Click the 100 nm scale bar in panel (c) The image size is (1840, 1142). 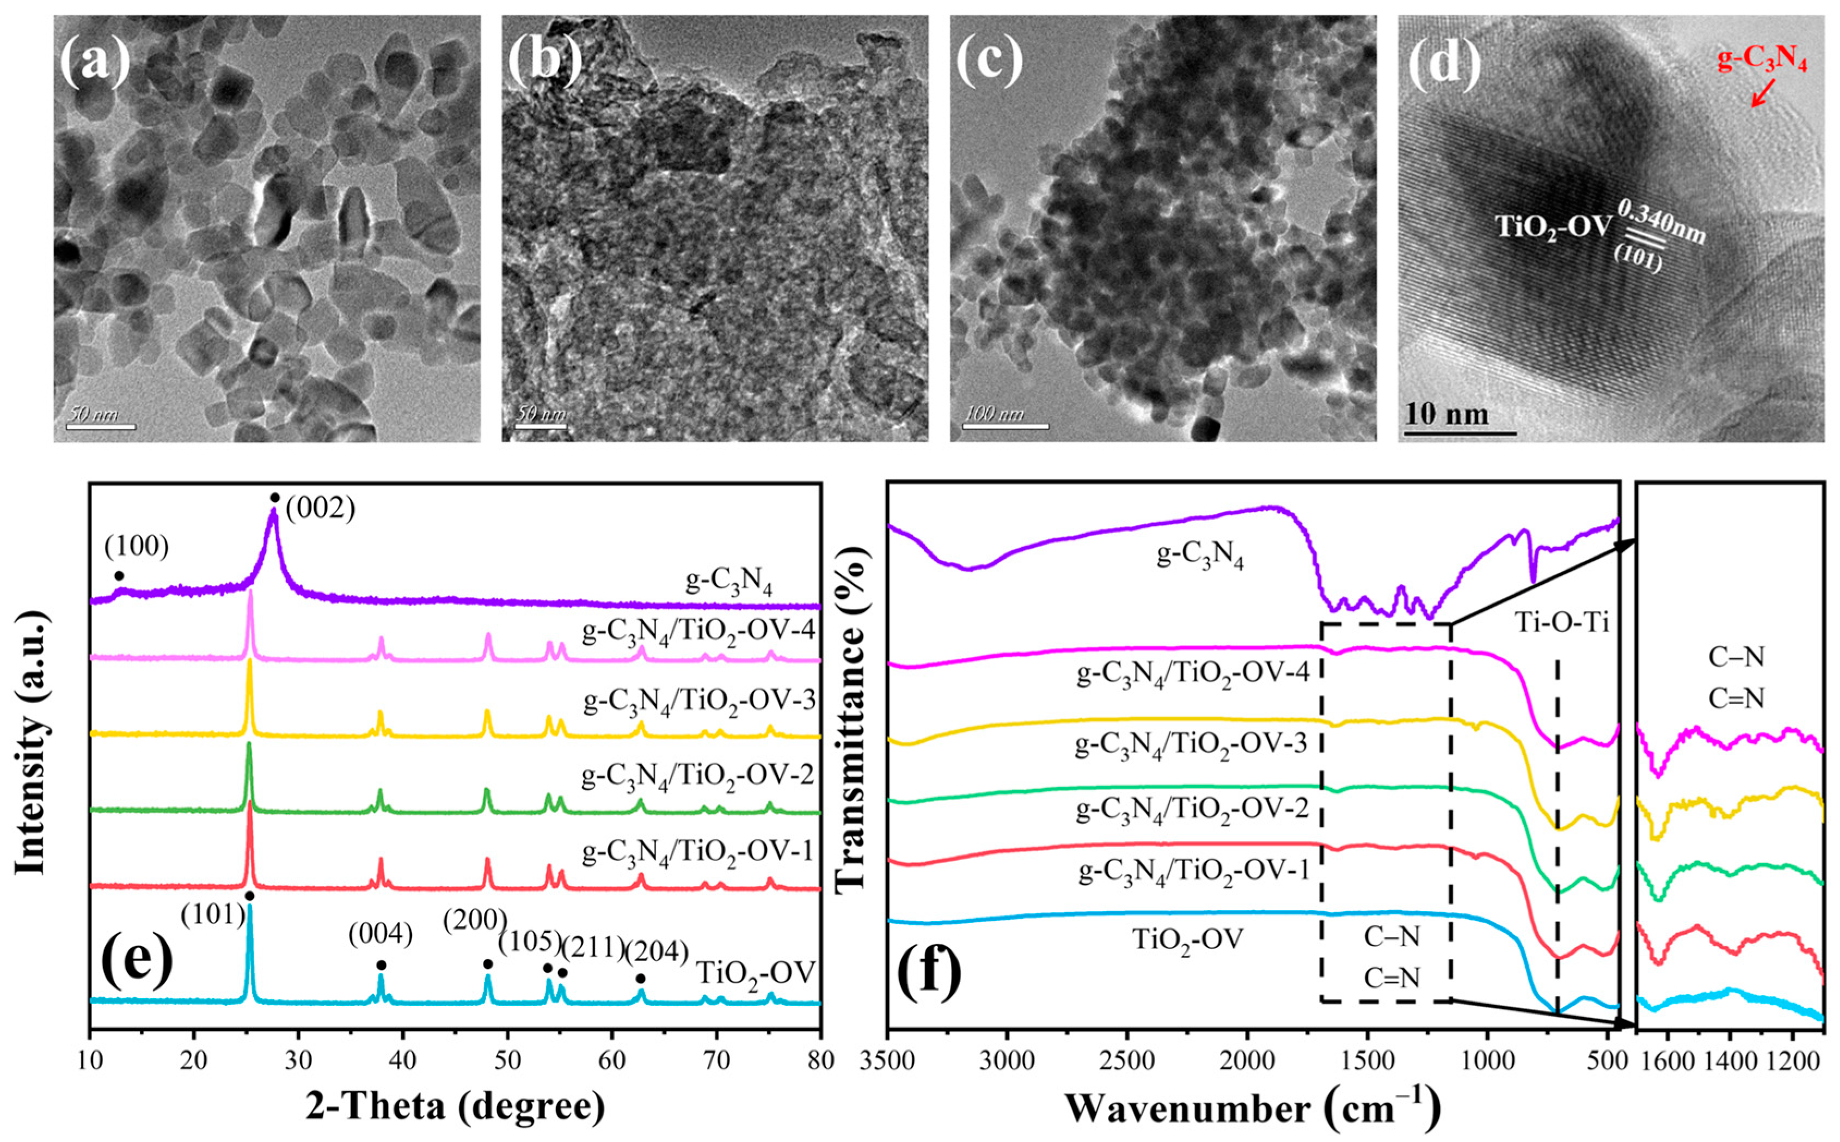coord(1005,428)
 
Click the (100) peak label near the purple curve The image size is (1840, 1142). coord(137,548)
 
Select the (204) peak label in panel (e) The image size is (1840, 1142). coord(656,953)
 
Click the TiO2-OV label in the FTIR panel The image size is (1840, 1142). coord(1188,942)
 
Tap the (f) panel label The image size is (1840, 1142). coord(929,973)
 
